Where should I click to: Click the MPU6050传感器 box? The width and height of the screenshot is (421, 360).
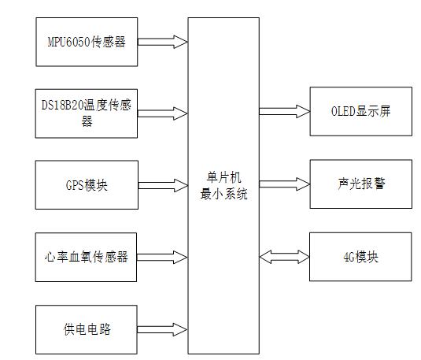coord(87,42)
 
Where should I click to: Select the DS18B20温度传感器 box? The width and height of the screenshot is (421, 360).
coord(87,111)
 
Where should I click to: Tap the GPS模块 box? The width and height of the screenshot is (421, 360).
coord(87,186)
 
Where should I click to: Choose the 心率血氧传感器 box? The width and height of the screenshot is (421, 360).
coord(87,257)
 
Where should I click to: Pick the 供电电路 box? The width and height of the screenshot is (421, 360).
coord(87,328)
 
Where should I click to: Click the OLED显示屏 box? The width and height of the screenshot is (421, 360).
coord(360,111)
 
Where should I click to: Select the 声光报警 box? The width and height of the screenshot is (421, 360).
coord(360,184)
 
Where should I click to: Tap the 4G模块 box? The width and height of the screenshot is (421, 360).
coord(360,257)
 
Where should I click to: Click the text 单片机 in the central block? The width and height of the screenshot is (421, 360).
coord(223,179)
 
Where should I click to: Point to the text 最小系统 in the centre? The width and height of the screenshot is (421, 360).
coord(223,194)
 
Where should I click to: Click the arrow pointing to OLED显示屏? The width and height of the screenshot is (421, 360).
coord(283,110)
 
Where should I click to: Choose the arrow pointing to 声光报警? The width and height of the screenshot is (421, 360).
coord(283,184)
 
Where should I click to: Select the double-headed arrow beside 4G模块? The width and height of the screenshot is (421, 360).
coord(283,257)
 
